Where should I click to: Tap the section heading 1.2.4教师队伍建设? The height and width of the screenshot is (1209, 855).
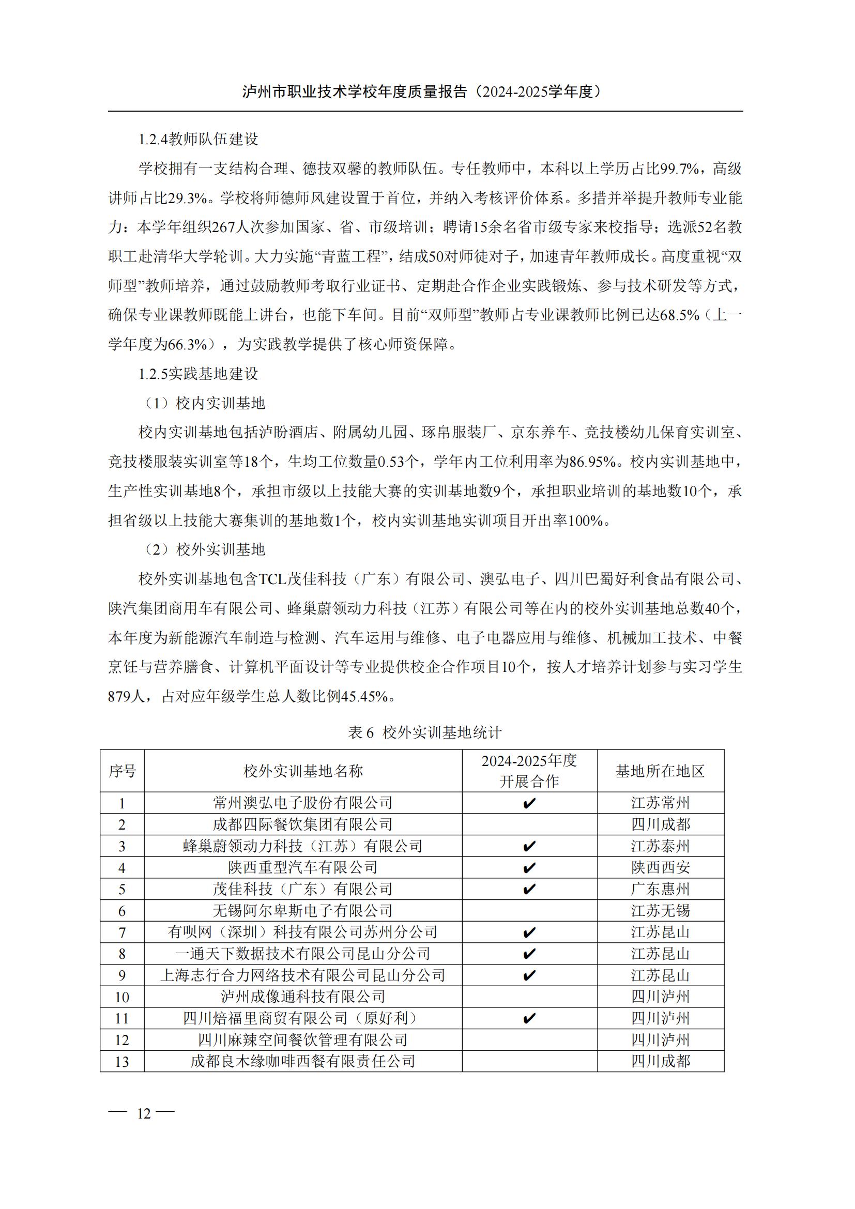[x=199, y=139]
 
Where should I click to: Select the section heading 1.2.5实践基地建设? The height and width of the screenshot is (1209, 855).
[x=199, y=374]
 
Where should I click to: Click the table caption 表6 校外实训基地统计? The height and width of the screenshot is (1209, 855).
[x=425, y=732]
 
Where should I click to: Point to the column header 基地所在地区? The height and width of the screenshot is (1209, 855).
[x=660, y=771]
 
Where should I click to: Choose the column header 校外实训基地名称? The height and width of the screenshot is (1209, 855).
[x=303, y=771]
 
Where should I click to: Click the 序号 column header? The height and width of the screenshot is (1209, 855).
[x=122, y=771]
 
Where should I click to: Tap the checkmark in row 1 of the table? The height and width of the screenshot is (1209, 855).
[x=529, y=804]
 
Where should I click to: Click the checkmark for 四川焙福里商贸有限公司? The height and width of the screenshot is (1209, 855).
[x=529, y=1018]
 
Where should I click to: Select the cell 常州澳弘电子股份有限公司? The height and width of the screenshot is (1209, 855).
[x=303, y=803]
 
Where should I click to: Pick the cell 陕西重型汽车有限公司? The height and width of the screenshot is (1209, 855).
[x=303, y=867]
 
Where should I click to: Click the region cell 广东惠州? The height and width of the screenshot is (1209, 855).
[x=660, y=890]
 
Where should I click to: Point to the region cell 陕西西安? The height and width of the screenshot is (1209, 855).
[x=660, y=867]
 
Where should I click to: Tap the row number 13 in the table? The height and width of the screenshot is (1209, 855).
[x=122, y=1062]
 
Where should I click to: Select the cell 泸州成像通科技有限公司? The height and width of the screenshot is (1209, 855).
[x=303, y=997]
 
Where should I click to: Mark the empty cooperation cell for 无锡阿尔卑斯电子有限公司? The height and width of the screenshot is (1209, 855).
[x=529, y=910]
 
